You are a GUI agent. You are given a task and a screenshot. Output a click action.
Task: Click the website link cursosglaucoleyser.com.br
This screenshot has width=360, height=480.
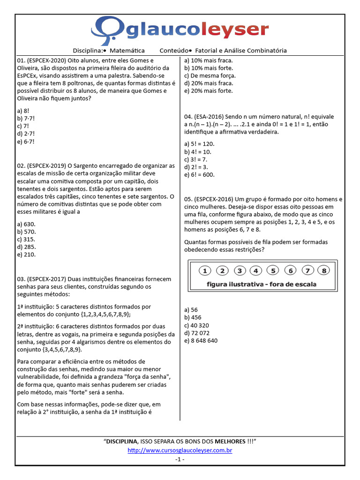pyautogui.click(x=180, y=450)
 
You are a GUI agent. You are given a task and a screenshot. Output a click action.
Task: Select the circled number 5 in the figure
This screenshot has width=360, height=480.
pyautogui.click(x=273, y=270)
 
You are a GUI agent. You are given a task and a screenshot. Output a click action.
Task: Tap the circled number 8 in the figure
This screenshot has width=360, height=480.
pyautogui.click(x=324, y=270)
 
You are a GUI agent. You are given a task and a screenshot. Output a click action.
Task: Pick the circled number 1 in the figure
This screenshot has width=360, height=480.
pyautogui.click(x=205, y=270)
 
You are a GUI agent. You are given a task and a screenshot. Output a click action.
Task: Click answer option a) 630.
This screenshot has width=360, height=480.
pyautogui.click(x=26, y=224)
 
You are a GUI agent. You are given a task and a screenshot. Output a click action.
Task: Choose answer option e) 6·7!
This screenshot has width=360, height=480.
pyautogui.click(x=26, y=141)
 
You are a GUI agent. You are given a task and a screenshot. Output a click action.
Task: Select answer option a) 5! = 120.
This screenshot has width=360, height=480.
pyautogui.click(x=199, y=144)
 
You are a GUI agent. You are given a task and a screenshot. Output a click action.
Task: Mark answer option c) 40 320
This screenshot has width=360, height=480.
pyautogui.click(x=197, y=325)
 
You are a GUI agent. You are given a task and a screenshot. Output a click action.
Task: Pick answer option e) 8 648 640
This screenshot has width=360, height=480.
pyautogui.click(x=201, y=340)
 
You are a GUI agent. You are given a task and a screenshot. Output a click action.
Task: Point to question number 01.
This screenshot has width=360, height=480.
pyautogui.click(x=21, y=60)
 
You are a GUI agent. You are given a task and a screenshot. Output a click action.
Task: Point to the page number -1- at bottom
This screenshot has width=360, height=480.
pyautogui.click(x=180, y=459)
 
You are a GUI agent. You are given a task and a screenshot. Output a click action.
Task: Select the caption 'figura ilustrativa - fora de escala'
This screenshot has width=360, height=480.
pyautogui.click(x=261, y=284)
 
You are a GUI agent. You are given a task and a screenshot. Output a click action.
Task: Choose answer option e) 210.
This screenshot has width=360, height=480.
pyautogui.click(x=26, y=255)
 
